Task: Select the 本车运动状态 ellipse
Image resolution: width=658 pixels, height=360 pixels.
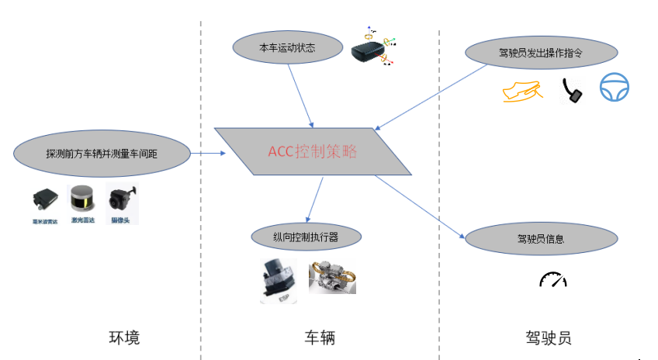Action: pyautogui.click(x=287, y=48)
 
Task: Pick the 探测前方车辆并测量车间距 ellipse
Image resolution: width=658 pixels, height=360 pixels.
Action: pyautogui.click(x=102, y=154)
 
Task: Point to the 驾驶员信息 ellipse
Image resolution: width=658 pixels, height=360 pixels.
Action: pyautogui.click(x=540, y=238)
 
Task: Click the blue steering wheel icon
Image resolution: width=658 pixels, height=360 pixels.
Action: pyautogui.click(x=614, y=88)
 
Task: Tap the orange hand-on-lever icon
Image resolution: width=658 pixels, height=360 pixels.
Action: pyautogui.click(x=521, y=92)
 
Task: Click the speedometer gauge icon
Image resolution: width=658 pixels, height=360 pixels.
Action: pyautogui.click(x=552, y=279)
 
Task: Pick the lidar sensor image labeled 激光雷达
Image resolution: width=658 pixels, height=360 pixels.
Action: pyautogui.click(x=83, y=200)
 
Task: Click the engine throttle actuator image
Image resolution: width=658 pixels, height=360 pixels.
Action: pyautogui.click(x=332, y=278)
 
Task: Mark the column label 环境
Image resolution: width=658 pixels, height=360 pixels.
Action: pyautogui.click(x=124, y=337)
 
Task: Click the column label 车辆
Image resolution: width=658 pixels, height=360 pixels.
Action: pyautogui.click(x=320, y=337)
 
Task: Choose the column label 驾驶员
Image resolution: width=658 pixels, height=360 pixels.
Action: pyautogui.click(x=548, y=337)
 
